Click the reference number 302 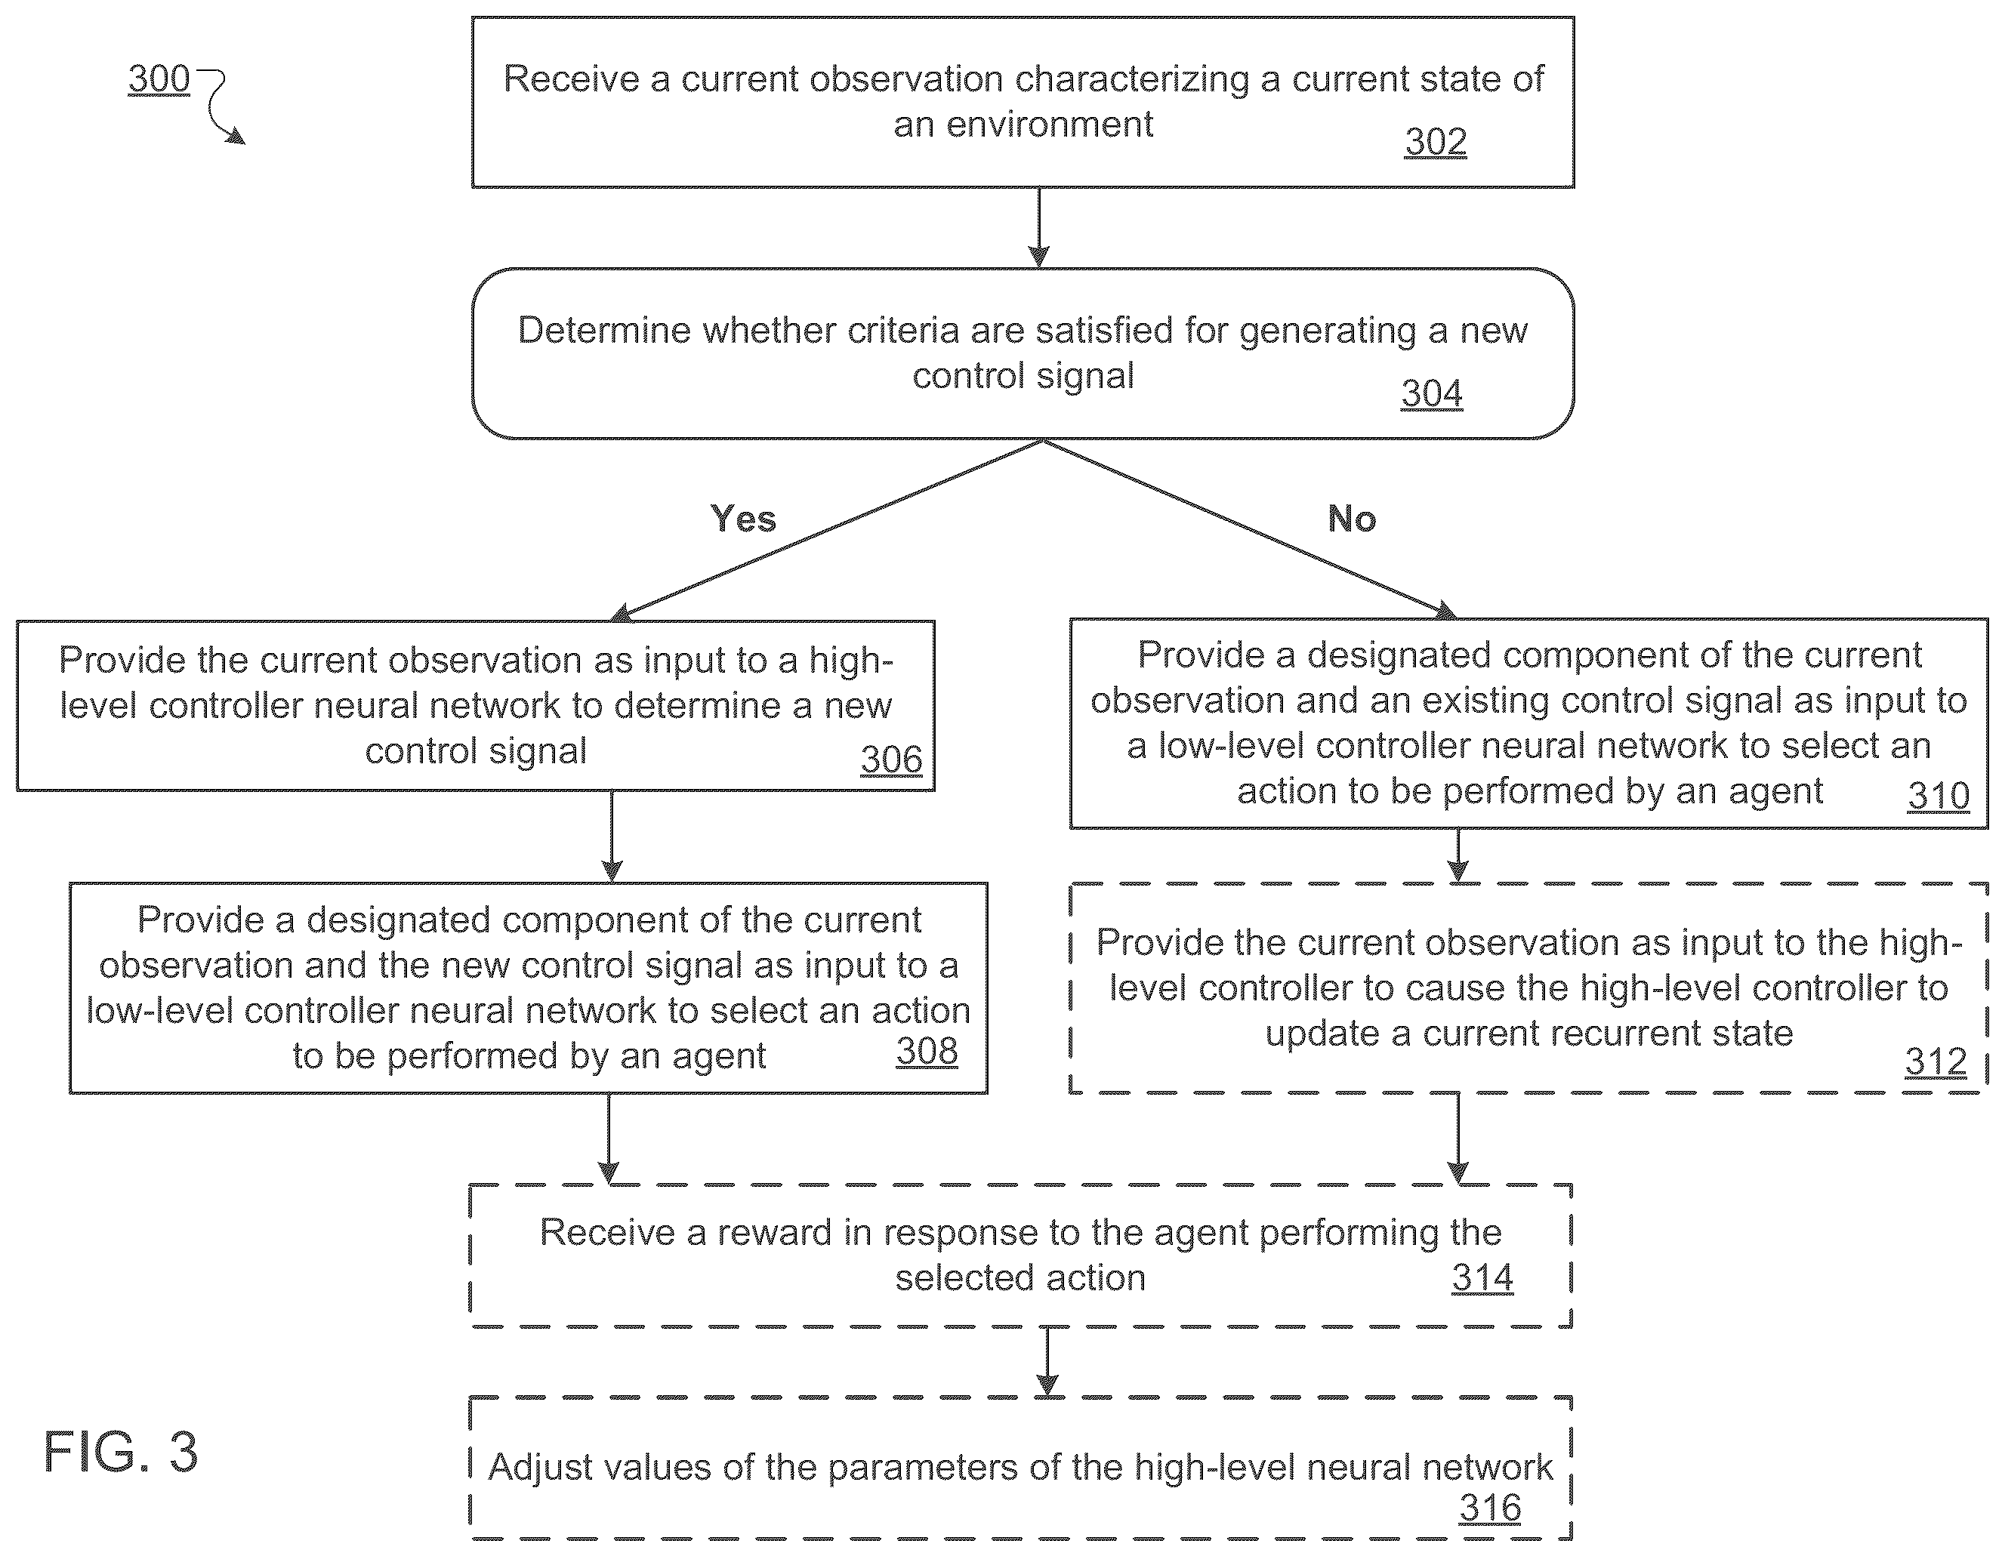coord(1435,142)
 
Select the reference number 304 coord(1431,394)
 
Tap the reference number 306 coord(890,760)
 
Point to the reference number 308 coord(927,1051)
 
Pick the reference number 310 coord(1938,796)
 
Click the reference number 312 coord(1936,1062)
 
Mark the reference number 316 coord(1490,1508)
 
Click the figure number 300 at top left coord(159,79)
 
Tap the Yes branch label coord(742,519)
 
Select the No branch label coord(1351,519)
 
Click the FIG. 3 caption coord(120,1451)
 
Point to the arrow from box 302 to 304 coord(1038,228)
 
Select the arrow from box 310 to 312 coord(1457,855)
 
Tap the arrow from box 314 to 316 coord(1047,1361)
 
